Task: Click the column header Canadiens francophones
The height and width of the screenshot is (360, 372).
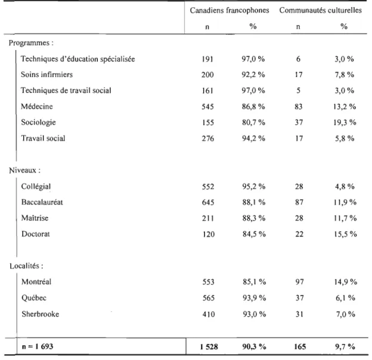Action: pyautogui.click(x=230, y=11)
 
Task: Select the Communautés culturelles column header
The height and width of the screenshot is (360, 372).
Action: pyautogui.click(x=320, y=10)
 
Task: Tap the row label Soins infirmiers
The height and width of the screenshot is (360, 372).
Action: pyautogui.click(x=46, y=75)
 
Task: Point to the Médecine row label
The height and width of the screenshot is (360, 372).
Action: pyautogui.click(x=37, y=106)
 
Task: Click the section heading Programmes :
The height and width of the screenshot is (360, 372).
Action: pyautogui.click(x=31, y=43)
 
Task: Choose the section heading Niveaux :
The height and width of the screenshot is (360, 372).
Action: pyautogui.click(x=24, y=170)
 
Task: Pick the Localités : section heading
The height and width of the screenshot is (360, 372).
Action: pyautogui.click(x=26, y=266)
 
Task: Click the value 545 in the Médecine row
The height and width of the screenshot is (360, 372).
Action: pyautogui.click(x=207, y=107)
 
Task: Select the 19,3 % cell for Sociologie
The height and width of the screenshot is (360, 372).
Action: pyautogui.click(x=345, y=122)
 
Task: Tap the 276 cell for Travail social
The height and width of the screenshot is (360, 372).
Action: pyautogui.click(x=208, y=138)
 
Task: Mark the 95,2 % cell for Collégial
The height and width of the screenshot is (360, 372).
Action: pyautogui.click(x=253, y=187)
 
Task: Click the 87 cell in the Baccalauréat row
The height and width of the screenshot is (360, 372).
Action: pyautogui.click(x=299, y=202)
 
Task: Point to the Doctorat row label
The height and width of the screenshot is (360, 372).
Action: pyautogui.click(x=36, y=234)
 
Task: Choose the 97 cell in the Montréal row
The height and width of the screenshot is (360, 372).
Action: pyautogui.click(x=299, y=282)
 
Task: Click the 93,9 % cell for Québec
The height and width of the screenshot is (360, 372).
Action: pyautogui.click(x=254, y=298)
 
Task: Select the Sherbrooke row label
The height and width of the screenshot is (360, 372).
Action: pyautogui.click(x=41, y=314)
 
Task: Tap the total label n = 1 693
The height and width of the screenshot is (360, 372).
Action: pyautogui.click(x=38, y=346)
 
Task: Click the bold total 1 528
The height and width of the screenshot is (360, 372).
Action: pyautogui.click(x=209, y=347)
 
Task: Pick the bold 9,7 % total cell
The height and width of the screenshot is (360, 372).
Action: pyautogui.click(x=345, y=347)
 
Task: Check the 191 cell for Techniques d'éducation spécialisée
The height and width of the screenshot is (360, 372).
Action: pyautogui.click(x=207, y=59)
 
